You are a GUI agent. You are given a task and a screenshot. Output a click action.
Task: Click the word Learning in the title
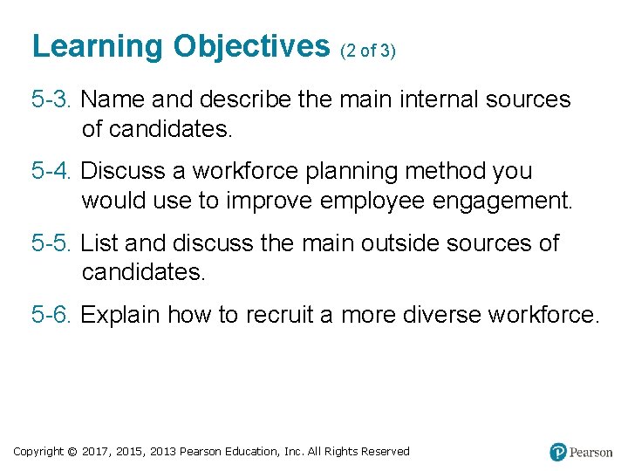click(x=98, y=47)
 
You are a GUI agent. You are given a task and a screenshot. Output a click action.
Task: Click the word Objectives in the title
click(x=251, y=47)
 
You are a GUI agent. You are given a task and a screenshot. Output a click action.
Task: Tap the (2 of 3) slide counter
click(x=367, y=51)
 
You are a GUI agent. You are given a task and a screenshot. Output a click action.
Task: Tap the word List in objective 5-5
click(x=99, y=243)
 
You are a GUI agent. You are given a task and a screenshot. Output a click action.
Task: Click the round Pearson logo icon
click(x=558, y=452)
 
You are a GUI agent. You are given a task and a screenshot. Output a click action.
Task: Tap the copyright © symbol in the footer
click(x=72, y=452)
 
